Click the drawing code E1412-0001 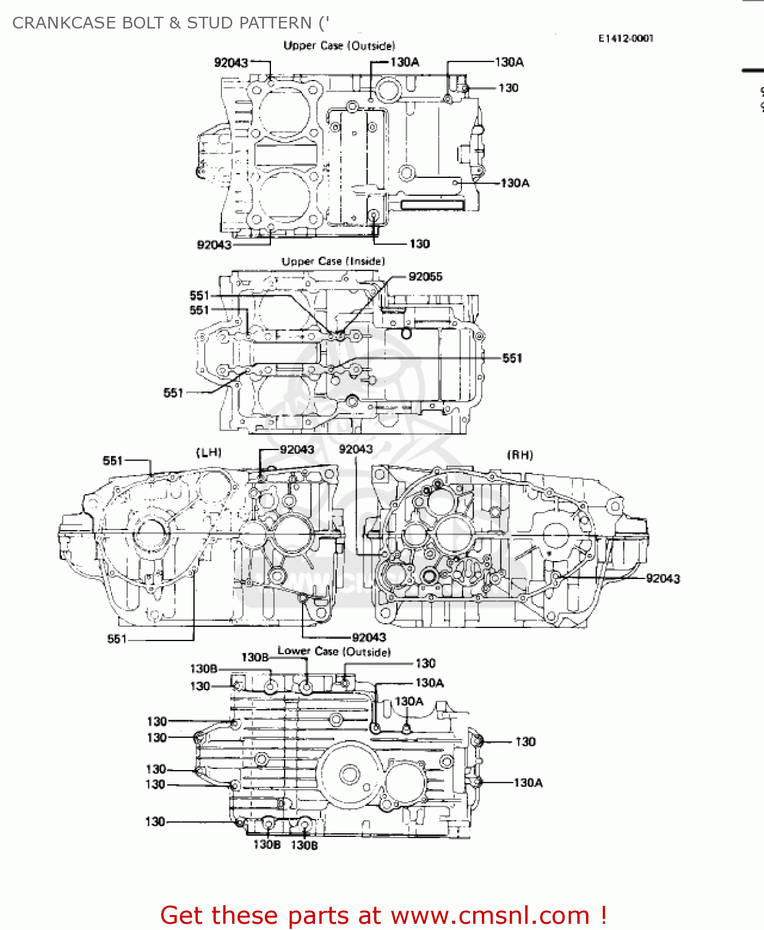click(625, 38)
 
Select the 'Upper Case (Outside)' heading click(339, 45)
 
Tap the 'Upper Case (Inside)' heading click(333, 262)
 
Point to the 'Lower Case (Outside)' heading click(334, 652)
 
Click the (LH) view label click(208, 453)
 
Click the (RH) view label click(520, 455)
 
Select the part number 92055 click(425, 277)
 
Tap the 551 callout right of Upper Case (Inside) click(512, 358)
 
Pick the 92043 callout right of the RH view click(662, 578)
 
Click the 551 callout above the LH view click(113, 460)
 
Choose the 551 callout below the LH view click(117, 639)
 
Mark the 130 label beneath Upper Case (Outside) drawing click(419, 244)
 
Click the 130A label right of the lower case click(528, 782)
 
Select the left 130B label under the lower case click(267, 844)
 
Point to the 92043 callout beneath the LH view click(369, 637)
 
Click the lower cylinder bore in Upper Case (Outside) click(285, 193)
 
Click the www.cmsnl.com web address click(490, 915)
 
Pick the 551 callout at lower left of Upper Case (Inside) click(173, 392)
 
